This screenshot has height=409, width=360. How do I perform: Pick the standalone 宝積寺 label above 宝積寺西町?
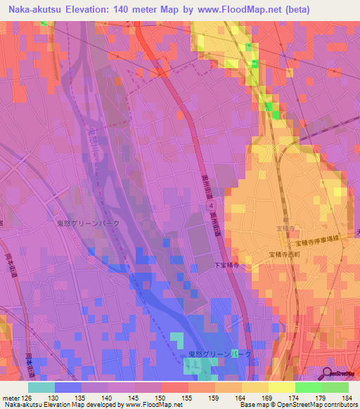pos(285,228)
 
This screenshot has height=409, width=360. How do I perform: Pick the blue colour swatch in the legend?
pos(68,387)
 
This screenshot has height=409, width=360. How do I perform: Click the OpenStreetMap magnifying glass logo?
pos(327,373)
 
